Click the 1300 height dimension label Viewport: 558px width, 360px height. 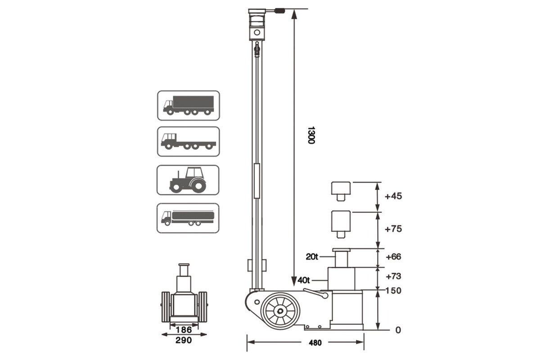(x=311, y=135)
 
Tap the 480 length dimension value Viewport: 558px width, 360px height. (x=315, y=343)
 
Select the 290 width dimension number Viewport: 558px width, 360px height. (x=184, y=340)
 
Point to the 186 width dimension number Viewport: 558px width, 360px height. (x=184, y=330)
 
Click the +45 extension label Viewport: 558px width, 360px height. (x=394, y=196)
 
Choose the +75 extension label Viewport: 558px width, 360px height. (x=394, y=229)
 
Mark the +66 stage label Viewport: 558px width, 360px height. (x=394, y=256)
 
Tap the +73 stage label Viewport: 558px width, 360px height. (x=394, y=276)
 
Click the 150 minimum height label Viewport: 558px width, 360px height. (x=393, y=291)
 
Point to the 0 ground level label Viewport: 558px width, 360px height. (x=398, y=330)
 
